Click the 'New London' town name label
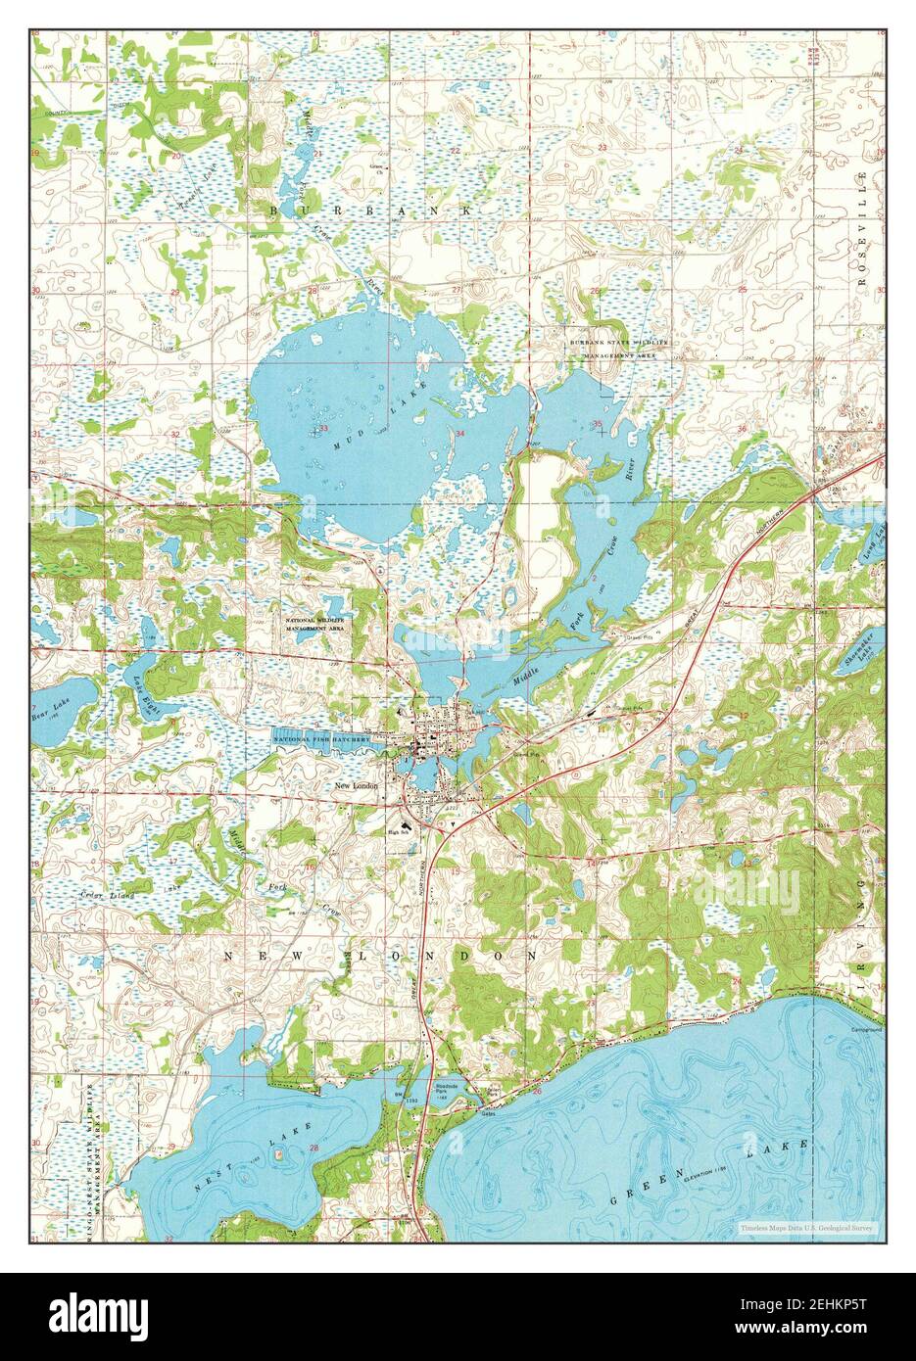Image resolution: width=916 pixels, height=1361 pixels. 357,785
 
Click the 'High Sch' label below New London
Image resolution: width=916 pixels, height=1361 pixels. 399,830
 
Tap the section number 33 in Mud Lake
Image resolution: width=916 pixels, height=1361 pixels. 322,428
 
